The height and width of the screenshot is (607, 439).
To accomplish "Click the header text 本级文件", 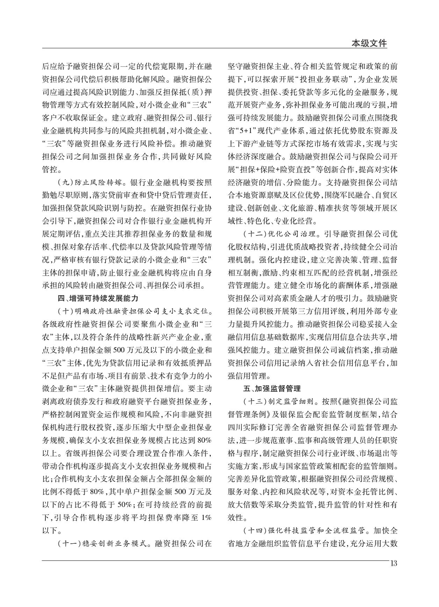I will [x=369, y=43].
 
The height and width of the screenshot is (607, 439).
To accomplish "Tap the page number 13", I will [x=394, y=563].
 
